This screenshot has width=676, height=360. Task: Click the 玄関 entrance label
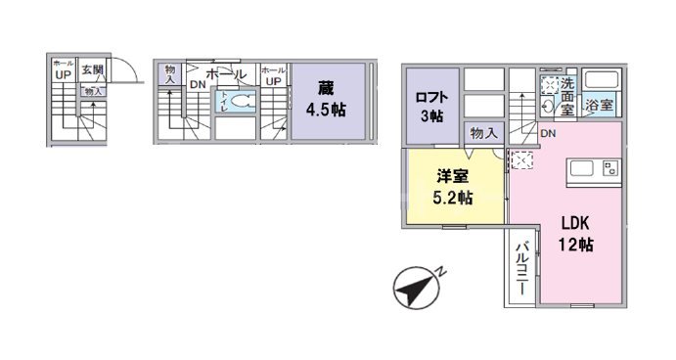93,70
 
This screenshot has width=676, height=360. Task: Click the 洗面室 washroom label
567,95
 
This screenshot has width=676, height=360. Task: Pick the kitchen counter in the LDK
594,172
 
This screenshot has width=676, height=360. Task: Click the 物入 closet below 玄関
93,91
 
